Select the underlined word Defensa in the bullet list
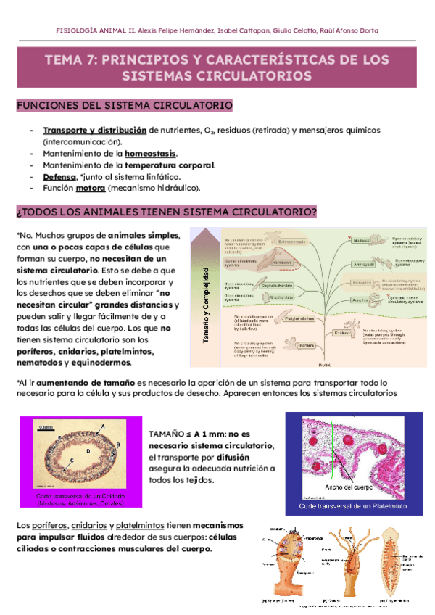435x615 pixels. point(59,177)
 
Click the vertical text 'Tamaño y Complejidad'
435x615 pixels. point(206,304)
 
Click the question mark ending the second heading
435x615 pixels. point(314,212)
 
